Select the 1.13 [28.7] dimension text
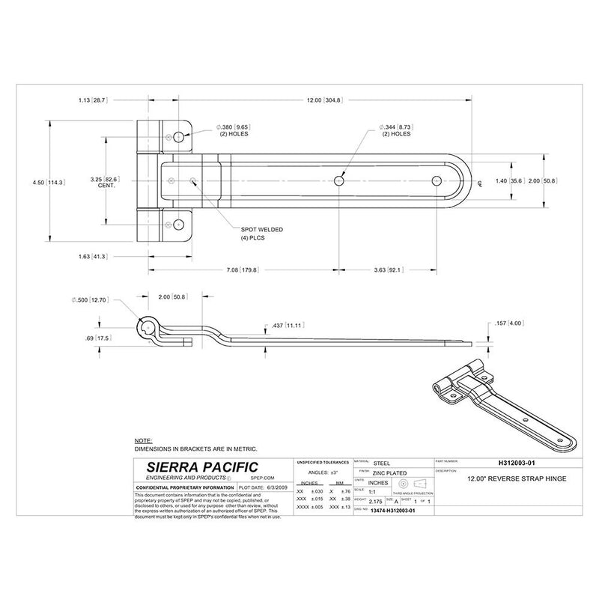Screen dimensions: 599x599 tap(92, 100)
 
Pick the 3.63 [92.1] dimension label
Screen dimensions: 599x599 tap(388, 270)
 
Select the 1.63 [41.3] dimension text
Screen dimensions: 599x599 tap(92, 257)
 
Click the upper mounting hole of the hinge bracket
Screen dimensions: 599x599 tap(179, 136)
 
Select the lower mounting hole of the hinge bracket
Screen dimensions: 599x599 tap(179, 224)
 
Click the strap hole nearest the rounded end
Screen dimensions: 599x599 tap(437, 180)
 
